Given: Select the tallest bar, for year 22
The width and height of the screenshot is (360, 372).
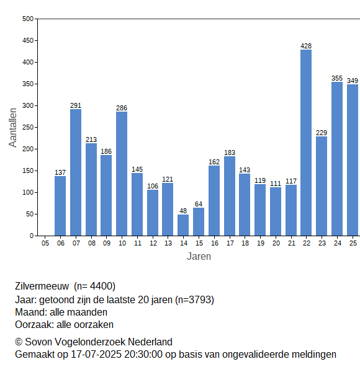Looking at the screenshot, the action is pos(306,143).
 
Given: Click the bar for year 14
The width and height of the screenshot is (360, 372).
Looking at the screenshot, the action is pos(183,225).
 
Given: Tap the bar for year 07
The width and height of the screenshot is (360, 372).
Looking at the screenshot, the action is pos(76,172).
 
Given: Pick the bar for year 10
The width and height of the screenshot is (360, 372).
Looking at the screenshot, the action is pos(122,174).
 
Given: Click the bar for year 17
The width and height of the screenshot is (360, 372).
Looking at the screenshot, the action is pos(230,196).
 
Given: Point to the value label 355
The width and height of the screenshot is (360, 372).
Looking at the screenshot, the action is pos(337,78).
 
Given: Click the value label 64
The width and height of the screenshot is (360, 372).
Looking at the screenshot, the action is pos(199,204).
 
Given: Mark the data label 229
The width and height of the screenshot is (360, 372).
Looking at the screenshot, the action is pos(322,133).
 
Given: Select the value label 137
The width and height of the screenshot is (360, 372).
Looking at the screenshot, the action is pos(60,172).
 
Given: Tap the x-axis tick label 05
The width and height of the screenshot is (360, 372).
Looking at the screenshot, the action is pos(45,243).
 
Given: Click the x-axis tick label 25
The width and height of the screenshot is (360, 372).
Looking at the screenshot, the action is pos(353,243).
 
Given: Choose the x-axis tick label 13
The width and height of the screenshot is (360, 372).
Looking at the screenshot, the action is pos(168,243).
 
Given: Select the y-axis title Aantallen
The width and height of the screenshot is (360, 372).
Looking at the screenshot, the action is pos(12,128).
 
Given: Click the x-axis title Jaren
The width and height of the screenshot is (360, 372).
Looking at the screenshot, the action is pos(199,257).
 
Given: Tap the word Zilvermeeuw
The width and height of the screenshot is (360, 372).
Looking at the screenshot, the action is pos(42,286).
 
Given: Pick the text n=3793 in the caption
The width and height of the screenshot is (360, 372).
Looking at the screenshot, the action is pos(194,300).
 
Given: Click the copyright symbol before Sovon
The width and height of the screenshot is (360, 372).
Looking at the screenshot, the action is pos(19,342).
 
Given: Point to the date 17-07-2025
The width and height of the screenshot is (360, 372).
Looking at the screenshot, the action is pos(96,355).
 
